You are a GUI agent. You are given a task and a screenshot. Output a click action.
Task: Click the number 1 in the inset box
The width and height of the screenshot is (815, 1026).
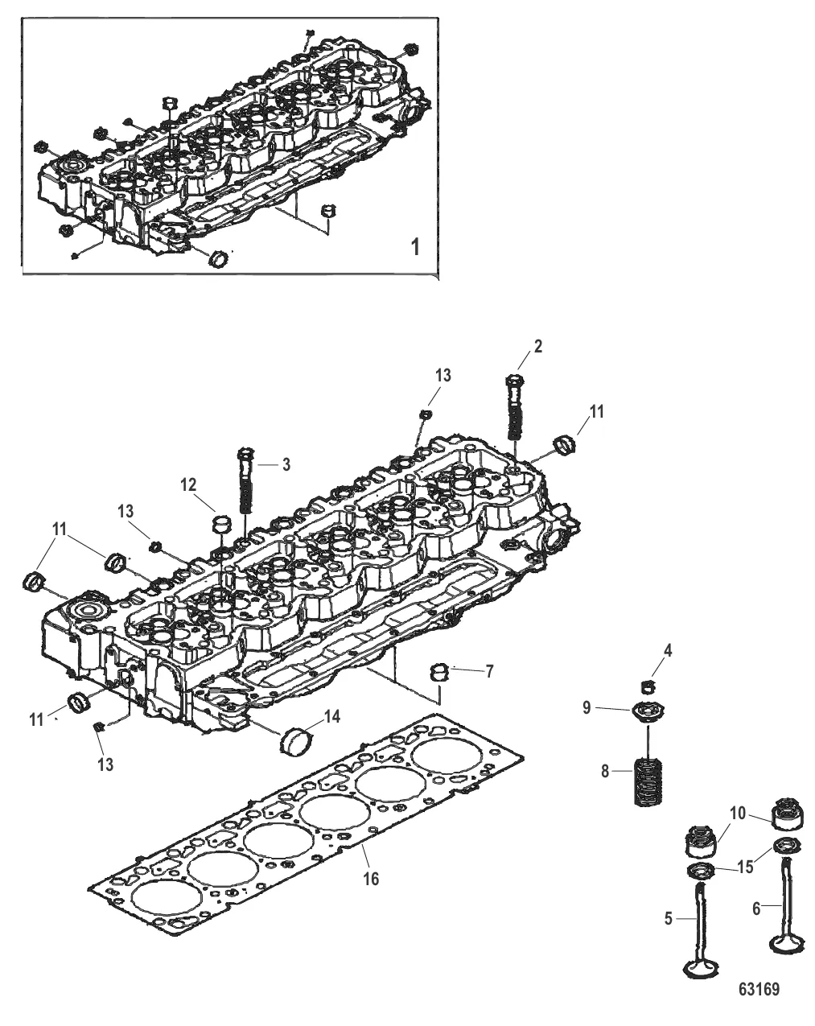(415, 247)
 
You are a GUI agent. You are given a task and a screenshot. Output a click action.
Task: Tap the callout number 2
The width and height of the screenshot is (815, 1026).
(537, 346)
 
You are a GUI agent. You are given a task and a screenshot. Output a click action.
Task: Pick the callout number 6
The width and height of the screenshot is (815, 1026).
(756, 909)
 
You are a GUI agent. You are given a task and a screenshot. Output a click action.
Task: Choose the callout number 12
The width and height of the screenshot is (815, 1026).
(188, 484)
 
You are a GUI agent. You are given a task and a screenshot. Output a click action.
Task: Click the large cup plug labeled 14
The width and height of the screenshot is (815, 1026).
(296, 742)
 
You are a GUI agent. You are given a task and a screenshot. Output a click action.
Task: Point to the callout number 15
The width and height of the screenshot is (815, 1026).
(746, 867)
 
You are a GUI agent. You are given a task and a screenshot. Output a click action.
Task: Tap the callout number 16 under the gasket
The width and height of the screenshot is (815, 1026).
(371, 878)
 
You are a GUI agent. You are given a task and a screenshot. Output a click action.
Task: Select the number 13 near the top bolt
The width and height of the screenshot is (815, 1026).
(442, 375)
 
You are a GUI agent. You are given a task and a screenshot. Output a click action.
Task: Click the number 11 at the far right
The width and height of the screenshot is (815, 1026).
(596, 411)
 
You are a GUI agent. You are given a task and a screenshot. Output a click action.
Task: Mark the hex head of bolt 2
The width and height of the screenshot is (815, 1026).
(514, 381)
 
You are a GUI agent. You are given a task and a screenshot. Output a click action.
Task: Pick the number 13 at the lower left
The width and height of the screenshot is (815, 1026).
(105, 764)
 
